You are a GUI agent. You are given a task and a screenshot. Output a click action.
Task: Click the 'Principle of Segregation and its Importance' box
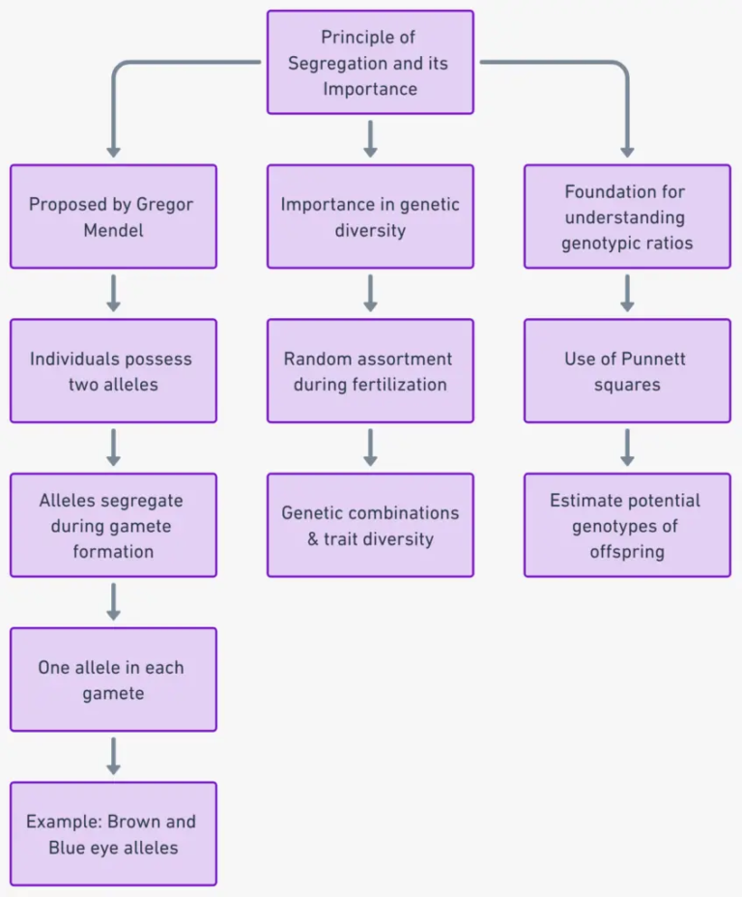point(370,63)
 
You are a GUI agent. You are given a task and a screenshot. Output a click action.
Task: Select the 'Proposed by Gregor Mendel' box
point(113,217)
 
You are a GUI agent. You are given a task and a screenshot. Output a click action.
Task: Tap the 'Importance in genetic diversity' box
point(370,217)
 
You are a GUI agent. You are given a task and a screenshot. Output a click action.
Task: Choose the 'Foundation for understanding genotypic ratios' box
point(627,217)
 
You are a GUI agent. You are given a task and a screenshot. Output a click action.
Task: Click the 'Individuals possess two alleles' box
point(113,371)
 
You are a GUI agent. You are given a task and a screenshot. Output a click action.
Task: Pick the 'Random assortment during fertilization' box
point(370,371)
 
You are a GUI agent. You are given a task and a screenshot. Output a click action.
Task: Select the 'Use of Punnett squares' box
point(627,371)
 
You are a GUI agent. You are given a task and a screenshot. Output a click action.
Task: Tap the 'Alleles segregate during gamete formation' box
point(113,525)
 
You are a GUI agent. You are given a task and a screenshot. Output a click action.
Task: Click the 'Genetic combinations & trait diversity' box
point(370,525)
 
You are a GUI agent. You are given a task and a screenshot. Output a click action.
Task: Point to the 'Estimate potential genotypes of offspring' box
point(627,525)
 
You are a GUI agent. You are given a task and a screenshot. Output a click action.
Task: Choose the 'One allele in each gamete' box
point(113,680)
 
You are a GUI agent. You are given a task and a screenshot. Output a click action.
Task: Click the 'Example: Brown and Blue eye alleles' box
point(113,833)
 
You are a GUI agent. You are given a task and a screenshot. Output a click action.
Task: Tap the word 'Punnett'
point(652,359)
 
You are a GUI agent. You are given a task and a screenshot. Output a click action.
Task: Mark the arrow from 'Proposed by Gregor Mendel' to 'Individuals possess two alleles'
point(113,293)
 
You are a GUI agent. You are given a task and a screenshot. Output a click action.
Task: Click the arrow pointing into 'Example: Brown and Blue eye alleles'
point(113,756)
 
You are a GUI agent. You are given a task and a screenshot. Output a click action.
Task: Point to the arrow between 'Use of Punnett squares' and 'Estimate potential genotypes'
point(627,448)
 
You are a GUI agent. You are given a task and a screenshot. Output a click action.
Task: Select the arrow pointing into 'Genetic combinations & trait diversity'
point(370,448)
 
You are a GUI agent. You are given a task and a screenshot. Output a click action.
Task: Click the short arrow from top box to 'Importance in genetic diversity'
point(370,139)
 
